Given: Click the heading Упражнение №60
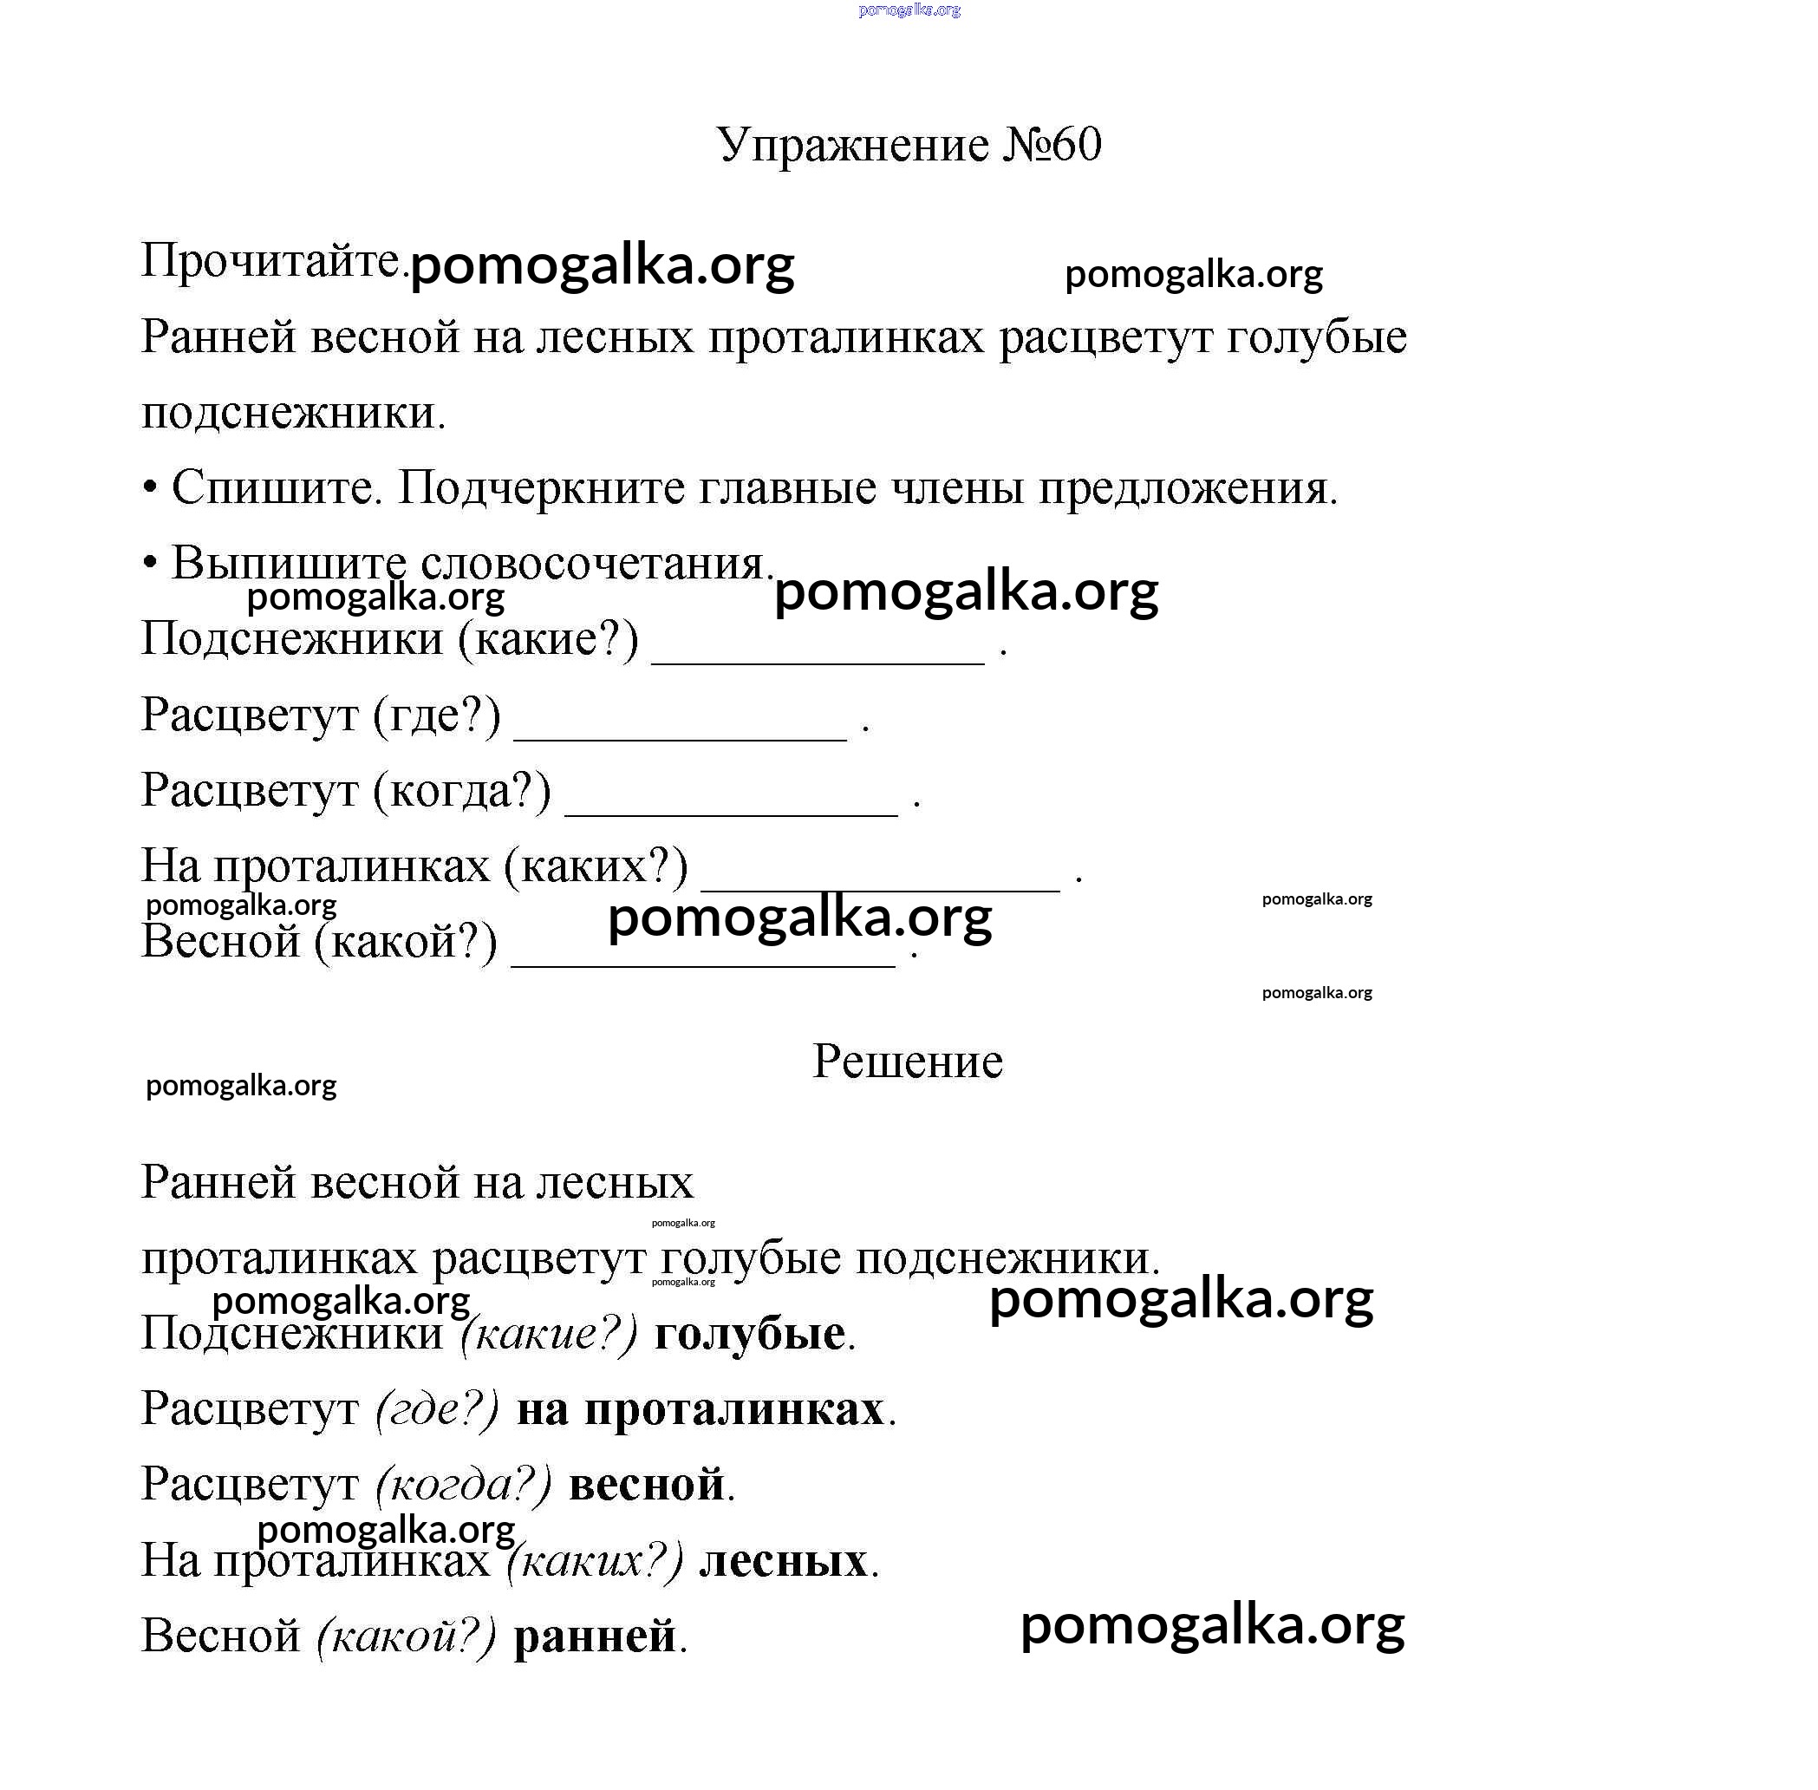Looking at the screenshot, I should click(908, 145).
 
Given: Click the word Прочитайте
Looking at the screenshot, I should click(270, 259).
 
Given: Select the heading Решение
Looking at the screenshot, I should click(907, 1062).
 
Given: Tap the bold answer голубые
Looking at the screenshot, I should click(749, 1333).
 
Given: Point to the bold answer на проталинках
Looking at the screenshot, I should click(700, 1409).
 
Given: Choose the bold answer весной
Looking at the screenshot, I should click(647, 1485).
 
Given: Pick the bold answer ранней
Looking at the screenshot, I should click(595, 1636).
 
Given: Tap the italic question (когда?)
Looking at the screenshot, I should click(464, 1485).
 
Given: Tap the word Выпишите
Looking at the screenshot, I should click(289, 563).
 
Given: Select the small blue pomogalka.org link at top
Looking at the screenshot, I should click(909, 10).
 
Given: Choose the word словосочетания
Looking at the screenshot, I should click(595, 563).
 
